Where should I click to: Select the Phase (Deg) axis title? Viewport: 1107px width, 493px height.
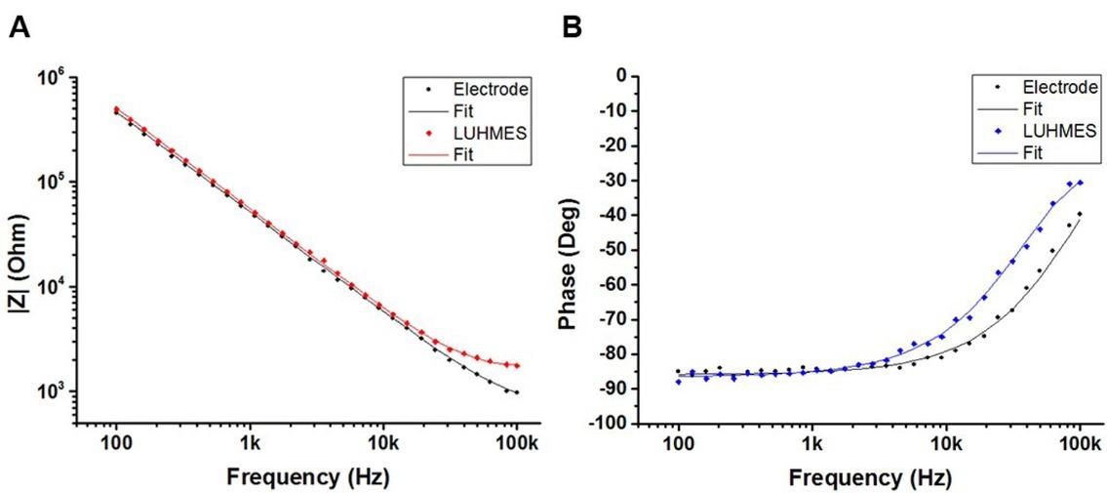coord(576,250)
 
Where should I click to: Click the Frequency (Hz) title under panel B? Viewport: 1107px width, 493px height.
coord(863,477)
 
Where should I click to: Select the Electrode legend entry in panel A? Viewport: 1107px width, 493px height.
coord(497,90)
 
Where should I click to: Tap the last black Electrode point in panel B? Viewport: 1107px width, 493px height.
coord(1080,215)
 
